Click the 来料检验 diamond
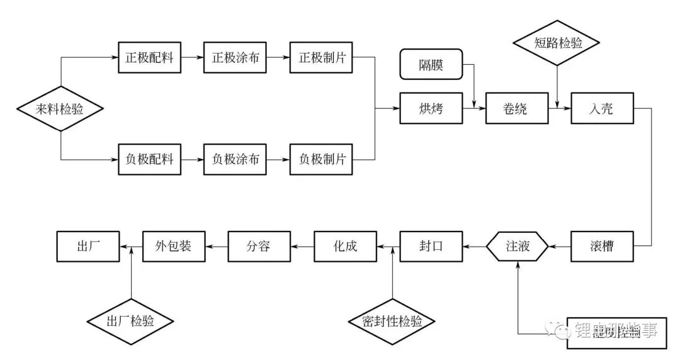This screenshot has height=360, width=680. click(60, 110)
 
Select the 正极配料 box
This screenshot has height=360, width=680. click(149, 59)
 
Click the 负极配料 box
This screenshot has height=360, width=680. click(149, 159)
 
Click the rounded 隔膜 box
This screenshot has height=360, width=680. click(431, 65)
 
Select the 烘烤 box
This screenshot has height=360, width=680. click(431, 109)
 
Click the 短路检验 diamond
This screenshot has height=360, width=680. click(557, 43)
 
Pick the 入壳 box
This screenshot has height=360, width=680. click(602, 109)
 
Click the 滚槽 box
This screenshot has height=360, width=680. click(602, 246)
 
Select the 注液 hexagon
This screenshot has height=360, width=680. click(517, 246)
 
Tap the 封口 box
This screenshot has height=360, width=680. click(431, 246)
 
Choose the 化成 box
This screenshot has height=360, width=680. click(345, 246)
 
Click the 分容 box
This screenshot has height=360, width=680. click(258, 246)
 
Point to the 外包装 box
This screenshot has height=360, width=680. click(173, 246)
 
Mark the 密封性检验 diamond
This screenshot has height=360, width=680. click(392, 322)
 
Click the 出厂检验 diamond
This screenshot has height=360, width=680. click(131, 322)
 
